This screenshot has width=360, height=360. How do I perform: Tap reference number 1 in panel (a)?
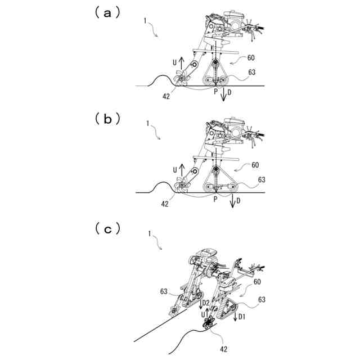click(x=146, y=21)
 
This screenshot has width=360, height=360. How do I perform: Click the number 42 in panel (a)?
click(x=167, y=96)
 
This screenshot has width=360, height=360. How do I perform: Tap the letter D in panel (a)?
click(x=229, y=92)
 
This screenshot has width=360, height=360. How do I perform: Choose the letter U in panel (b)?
click(x=174, y=169)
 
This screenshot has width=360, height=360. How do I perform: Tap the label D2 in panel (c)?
click(x=206, y=304)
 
